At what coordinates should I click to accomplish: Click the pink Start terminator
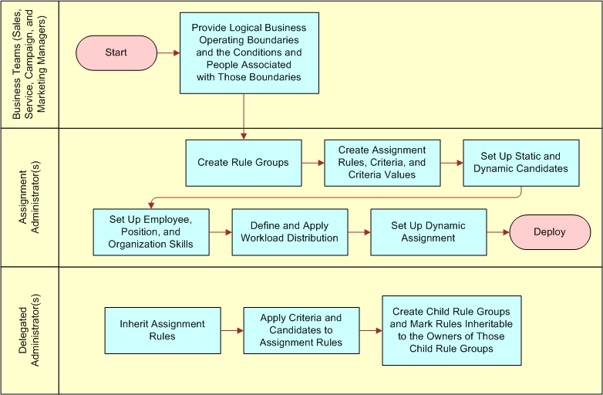[x=116, y=53]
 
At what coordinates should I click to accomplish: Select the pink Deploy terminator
[x=549, y=231]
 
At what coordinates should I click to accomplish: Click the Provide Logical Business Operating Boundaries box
[x=249, y=53]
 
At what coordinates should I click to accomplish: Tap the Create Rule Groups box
[x=243, y=163]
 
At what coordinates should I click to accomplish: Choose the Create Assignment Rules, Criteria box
[x=382, y=163]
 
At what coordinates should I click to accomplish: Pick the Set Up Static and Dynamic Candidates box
[x=520, y=163]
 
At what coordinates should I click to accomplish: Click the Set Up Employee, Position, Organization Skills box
[x=150, y=232]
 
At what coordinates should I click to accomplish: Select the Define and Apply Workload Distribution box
[x=289, y=232]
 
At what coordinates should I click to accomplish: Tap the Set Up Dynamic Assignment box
[x=428, y=232]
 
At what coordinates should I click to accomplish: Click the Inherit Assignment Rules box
[x=162, y=330]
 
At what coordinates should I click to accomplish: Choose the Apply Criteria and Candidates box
[x=301, y=330]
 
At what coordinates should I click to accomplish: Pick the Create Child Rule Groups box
[x=451, y=330]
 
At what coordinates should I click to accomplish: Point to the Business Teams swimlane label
[x=30, y=63]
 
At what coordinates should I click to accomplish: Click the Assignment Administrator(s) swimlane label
[x=30, y=197]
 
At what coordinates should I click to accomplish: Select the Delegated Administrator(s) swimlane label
[x=30, y=331]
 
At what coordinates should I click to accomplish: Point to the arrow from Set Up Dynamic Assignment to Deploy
[x=497, y=231]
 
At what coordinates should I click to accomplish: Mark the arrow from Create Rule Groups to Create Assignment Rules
[x=312, y=163]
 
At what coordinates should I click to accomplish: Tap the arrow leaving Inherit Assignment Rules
[x=231, y=330]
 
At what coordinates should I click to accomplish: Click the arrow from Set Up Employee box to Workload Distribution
[x=220, y=232]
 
